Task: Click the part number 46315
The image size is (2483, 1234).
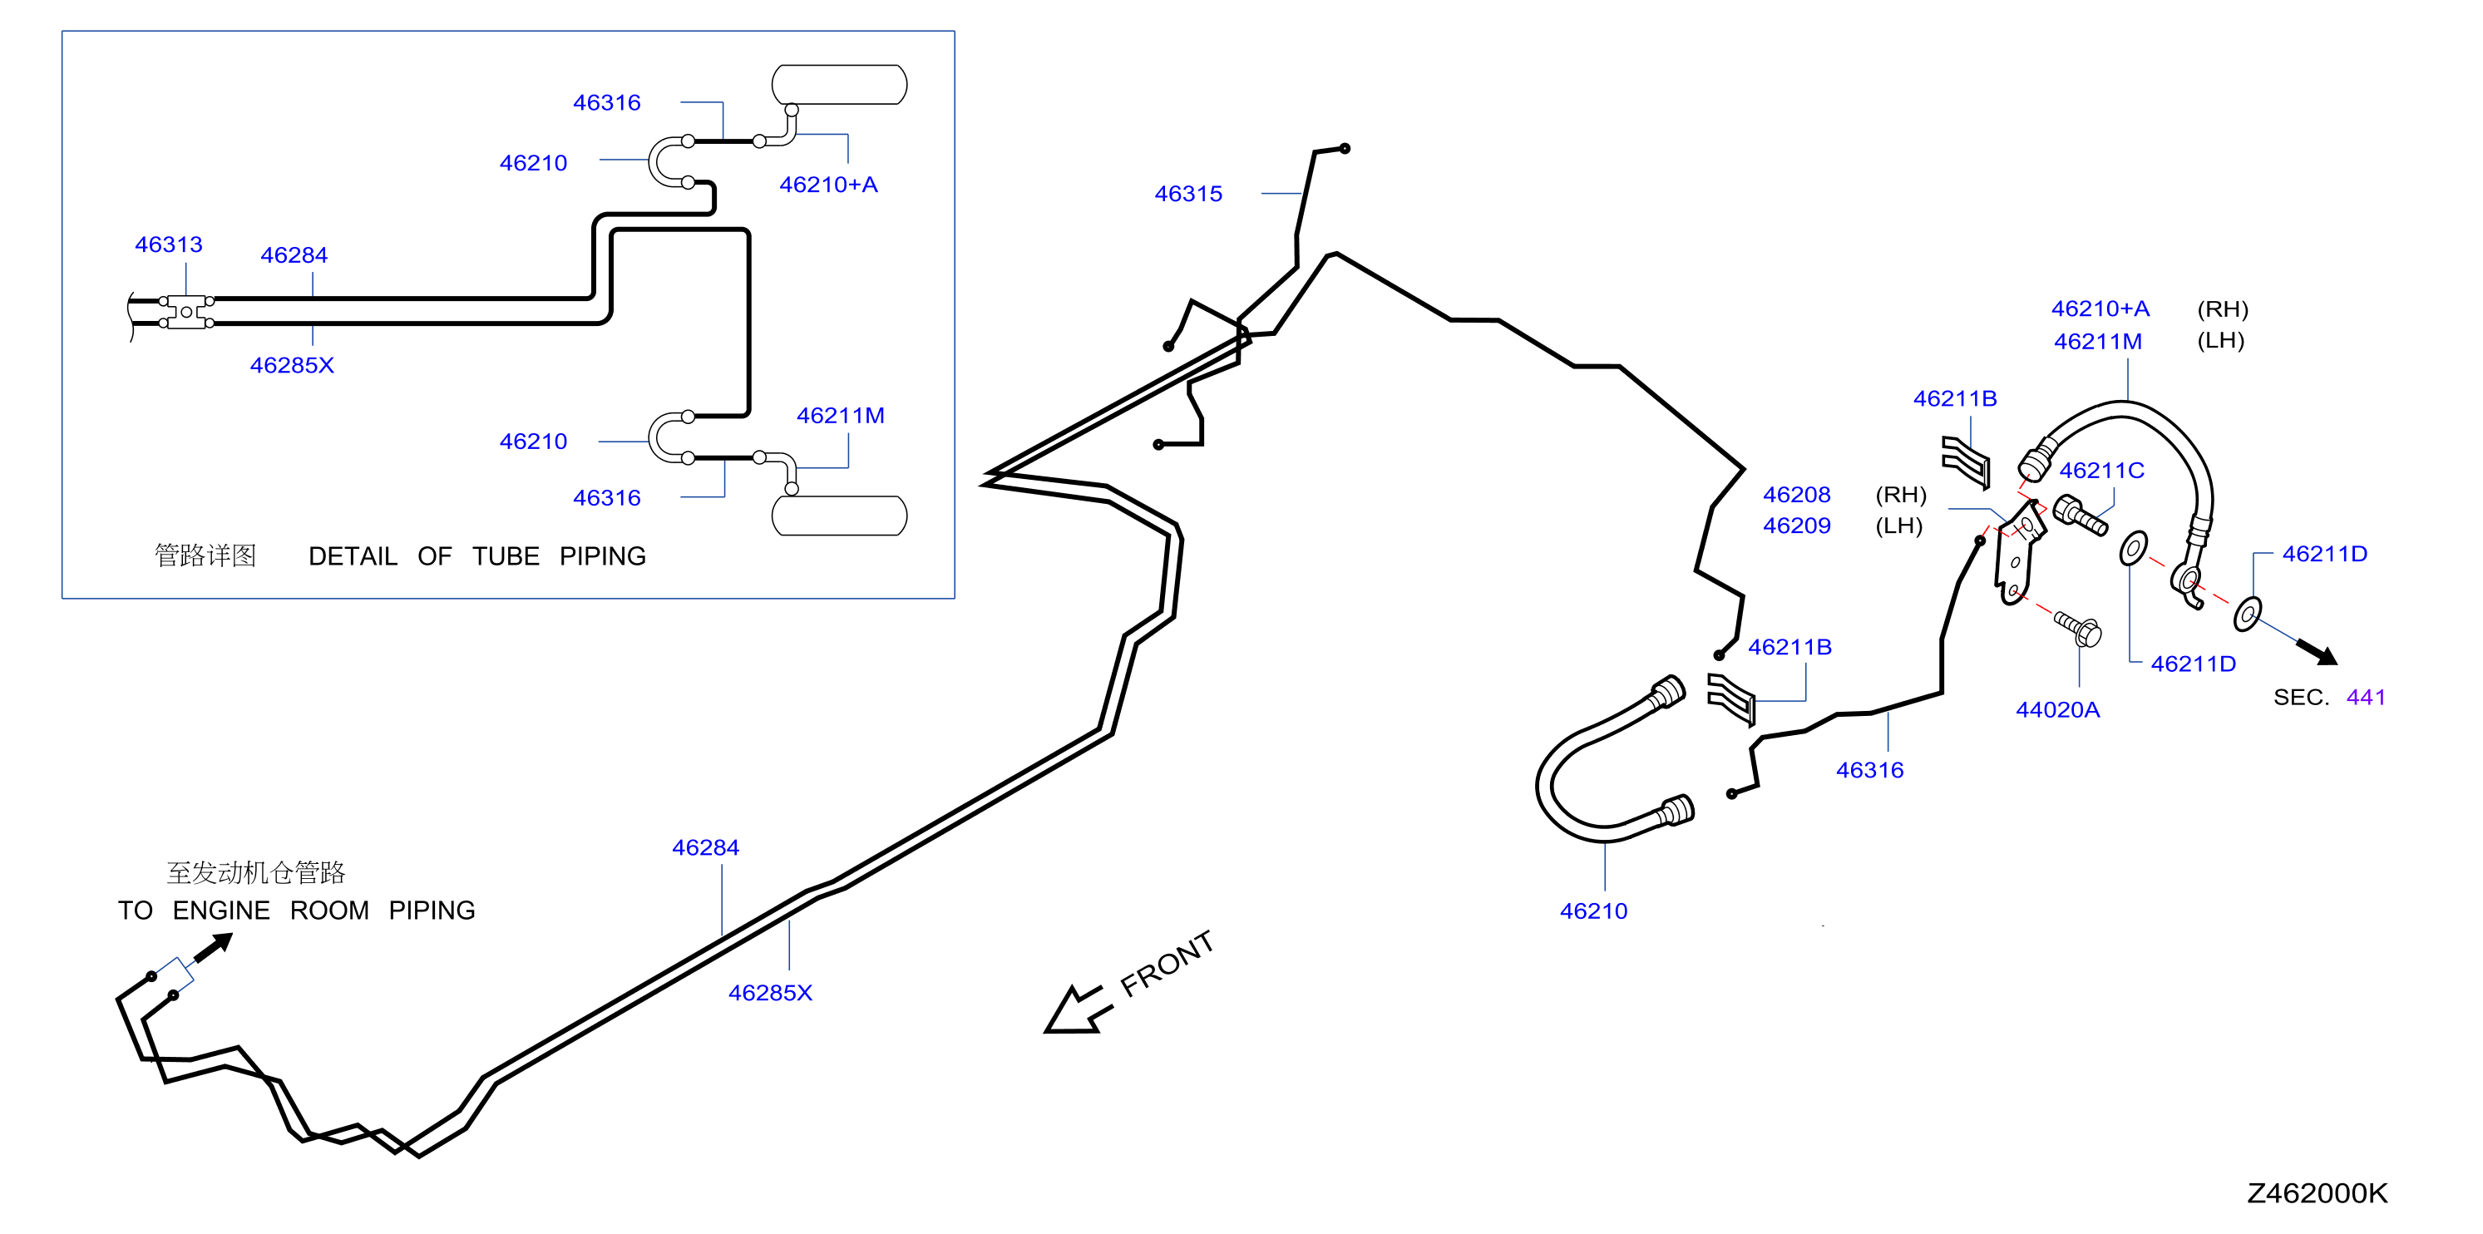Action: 1187,194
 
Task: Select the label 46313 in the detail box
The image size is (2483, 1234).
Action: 169,244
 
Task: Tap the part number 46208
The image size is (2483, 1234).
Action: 1796,495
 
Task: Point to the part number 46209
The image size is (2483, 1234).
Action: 1796,526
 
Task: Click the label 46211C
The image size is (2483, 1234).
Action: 2101,471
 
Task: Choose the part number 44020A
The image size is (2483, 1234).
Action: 2057,709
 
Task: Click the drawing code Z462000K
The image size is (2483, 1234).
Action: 2318,1193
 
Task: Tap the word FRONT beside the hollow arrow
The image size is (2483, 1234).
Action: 1167,963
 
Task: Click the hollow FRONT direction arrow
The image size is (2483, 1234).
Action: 1078,1009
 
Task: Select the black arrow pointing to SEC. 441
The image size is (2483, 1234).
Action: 2316,652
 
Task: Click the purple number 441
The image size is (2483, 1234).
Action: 2366,697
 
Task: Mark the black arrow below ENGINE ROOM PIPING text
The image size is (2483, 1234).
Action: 213,947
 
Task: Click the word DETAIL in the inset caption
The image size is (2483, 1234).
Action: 353,556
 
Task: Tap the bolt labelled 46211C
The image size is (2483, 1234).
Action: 2079,515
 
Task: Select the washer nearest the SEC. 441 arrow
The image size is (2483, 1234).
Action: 2247,615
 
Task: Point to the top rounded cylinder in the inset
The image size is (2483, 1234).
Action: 838,85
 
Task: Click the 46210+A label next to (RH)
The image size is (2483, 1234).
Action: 2100,308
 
